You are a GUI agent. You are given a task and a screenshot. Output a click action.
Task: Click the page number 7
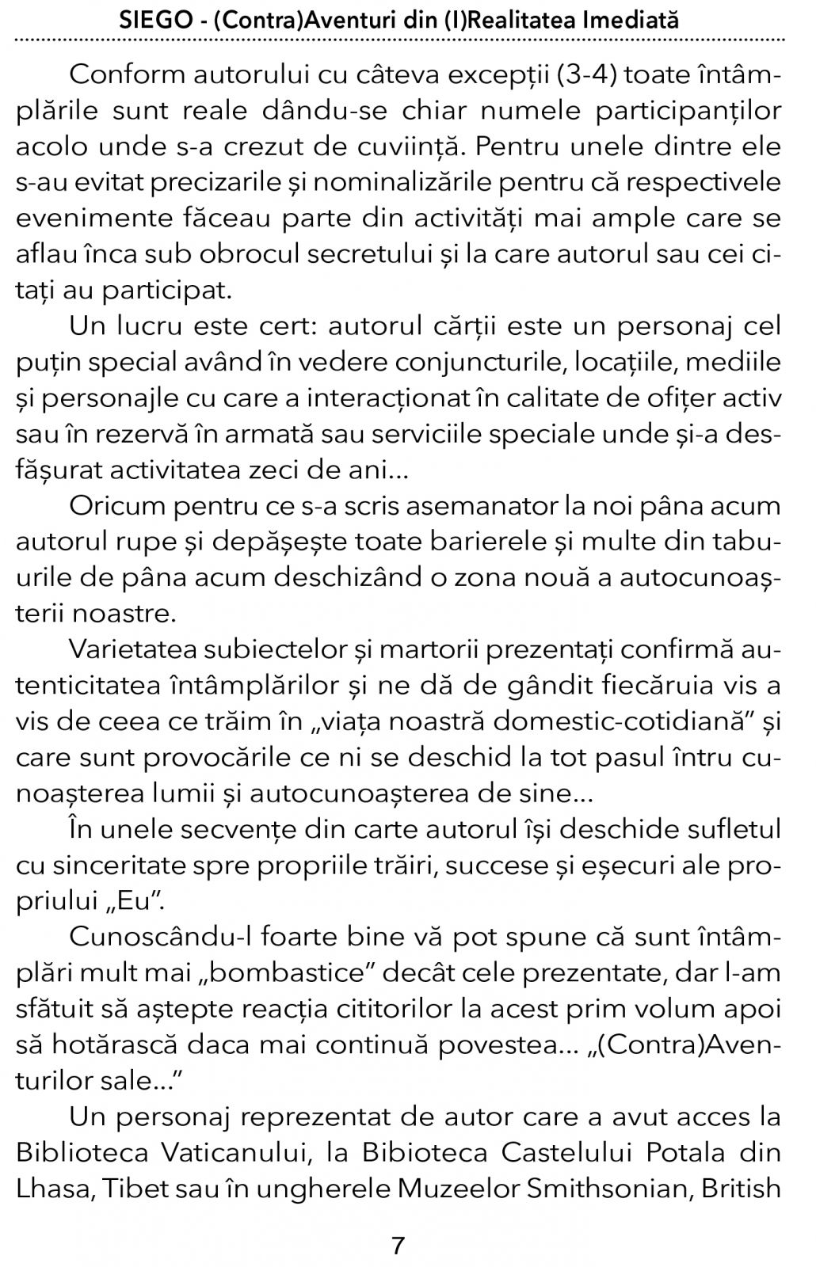tap(398, 1246)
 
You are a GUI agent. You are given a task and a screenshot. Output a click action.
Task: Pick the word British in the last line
tap(738, 1188)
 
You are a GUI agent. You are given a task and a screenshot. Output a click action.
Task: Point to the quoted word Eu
tap(132, 901)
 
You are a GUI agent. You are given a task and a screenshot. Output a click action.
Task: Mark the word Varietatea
tap(124, 649)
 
